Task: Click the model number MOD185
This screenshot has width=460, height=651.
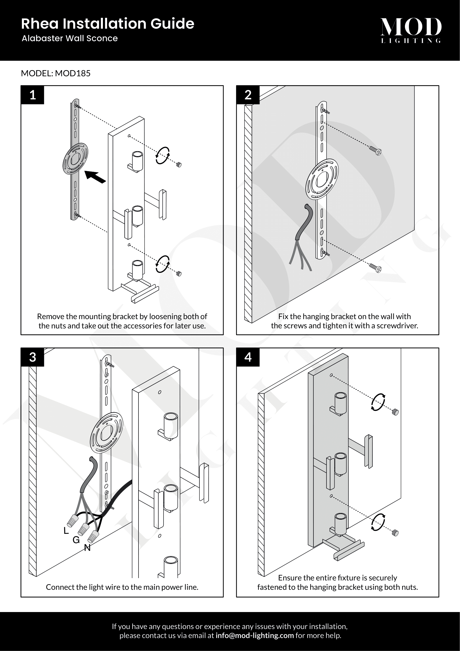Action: pyautogui.click(x=73, y=73)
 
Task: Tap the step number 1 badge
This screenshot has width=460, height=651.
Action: pyautogui.click(x=33, y=95)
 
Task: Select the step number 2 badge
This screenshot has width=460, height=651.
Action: pyautogui.click(x=248, y=95)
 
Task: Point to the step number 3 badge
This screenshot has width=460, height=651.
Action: pyautogui.click(x=33, y=357)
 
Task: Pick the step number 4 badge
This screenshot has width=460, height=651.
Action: pyautogui.click(x=248, y=357)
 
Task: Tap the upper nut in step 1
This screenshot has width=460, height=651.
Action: pyautogui.click(x=179, y=164)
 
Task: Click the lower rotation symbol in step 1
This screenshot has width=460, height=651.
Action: pyautogui.click(x=163, y=264)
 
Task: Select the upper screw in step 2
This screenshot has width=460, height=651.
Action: pyautogui.click(x=375, y=150)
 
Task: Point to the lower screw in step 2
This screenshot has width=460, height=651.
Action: pyautogui.click(x=375, y=267)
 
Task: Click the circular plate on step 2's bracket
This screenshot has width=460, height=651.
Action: pyautogui.click(x=322, y=179)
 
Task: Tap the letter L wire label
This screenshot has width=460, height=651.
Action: pyautogui.click(x=66, y=531)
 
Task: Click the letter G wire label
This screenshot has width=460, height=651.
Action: pyautogui.click(x=76, y=540)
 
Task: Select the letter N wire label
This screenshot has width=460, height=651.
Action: pyautogui.click(x=87, y=548)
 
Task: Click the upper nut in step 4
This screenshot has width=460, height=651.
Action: pyautogui.click(x=395, y=412)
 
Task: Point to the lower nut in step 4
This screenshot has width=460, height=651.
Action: pyautogui.click(x=395, y=533)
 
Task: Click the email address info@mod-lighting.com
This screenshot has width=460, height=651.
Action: pyautogui.click(x=254, y=635)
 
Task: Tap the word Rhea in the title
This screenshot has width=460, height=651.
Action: pyautogui.click(x=40, y=24)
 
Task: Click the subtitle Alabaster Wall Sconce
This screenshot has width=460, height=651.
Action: pyautogui.click(x=70, y=39)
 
